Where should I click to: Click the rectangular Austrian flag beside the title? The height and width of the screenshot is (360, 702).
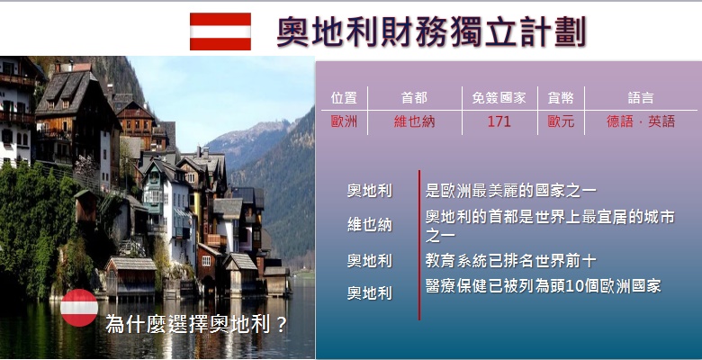(220, 31)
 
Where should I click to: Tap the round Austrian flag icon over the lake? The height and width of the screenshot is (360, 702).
(79, 308)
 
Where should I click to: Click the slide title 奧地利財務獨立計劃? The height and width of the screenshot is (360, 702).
(432, 31)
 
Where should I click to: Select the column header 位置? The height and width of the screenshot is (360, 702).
(344, 98)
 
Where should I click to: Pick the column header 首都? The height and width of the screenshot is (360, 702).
(414, 98)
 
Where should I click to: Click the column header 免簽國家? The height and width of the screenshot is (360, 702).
(499, 98)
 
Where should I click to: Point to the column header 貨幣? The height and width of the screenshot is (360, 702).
(561, 98)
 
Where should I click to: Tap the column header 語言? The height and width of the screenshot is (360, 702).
(641, 98)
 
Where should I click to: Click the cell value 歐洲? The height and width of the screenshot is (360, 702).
(344, 121)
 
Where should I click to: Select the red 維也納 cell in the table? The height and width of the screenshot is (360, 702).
(414, 121)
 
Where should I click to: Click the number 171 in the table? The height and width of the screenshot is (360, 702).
(499, 121)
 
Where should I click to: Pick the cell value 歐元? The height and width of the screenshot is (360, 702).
(561, 121)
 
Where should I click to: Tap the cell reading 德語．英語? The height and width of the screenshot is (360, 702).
(641, 121)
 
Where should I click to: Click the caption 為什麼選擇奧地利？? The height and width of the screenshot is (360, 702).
(196, 324)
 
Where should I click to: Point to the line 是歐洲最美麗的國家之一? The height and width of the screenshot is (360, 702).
(511, 191)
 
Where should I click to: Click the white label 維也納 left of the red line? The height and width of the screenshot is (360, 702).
(369, 224)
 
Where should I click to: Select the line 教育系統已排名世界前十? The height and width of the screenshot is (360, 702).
(510, 261)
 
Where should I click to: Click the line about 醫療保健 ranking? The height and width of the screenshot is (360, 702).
(543, 285)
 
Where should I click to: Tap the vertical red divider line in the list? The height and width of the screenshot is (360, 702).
(419, 245)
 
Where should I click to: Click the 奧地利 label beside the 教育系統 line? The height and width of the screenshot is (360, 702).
(369, 261)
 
